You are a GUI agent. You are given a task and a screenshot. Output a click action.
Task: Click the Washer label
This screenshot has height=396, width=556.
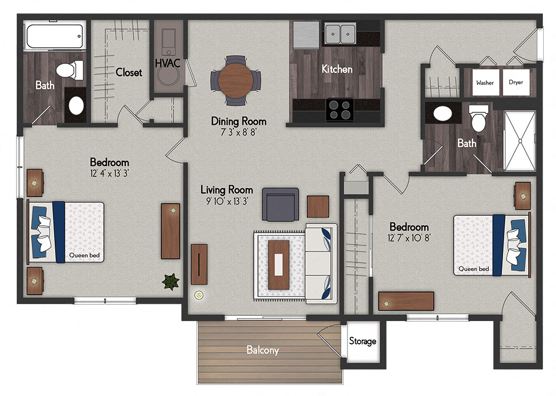(x=484, y=82)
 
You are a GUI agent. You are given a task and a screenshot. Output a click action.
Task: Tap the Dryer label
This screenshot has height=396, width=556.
(x=515, y=82)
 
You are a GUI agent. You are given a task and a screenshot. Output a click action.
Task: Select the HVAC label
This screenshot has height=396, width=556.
(x=167, y=63)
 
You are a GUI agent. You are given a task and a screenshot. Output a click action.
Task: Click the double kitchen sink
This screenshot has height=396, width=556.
(x=340, y=34)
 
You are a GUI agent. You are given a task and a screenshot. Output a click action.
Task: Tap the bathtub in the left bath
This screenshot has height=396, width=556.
(x=54, y=37)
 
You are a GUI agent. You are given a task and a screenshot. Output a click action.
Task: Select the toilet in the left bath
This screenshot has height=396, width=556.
(x=71, y=70)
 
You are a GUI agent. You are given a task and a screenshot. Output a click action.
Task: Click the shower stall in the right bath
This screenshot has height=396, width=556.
(x=519, y=140)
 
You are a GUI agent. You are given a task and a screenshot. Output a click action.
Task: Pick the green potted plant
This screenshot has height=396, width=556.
(x=171, y=281)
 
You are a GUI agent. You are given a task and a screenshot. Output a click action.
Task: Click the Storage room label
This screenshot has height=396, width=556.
(x=363, y=341)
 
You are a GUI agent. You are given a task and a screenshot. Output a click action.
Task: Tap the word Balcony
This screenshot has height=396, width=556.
(x=263, y=350)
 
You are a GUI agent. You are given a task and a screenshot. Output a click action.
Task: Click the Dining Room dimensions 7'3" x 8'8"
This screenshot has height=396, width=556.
(x=239, y=132)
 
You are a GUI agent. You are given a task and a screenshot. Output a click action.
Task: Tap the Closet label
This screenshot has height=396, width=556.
(x=128, y=72)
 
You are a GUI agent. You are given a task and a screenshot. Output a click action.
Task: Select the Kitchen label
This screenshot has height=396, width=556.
(x=337, y=69)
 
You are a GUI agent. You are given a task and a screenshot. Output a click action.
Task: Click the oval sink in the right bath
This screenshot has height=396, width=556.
(x=443, y=114)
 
